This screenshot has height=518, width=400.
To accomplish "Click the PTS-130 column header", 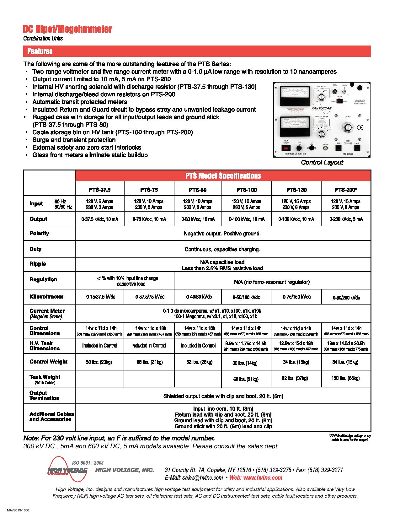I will pyautogui.click(x=296, y=190).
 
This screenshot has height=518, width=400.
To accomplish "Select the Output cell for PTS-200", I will pyautogui.click(x=346, y=219).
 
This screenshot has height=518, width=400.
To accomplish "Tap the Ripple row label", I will pyautogui.click(x=38, y=264).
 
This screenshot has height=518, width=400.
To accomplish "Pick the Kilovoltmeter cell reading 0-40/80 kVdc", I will pyautogui.click(x=198, y=297).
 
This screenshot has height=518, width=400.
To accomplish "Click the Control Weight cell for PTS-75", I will pyautogui.click(x=149, y=362).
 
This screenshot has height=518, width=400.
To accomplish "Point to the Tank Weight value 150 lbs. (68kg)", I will pyautogui.click(x=345, y=378).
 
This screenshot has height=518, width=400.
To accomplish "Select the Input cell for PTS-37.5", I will pyautogui.click(x=99, y=204).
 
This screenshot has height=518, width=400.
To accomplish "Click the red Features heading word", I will pyautogui.click(x=40, y=51).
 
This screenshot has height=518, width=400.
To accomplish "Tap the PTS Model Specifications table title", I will pyautogui.click(x=223, y=175).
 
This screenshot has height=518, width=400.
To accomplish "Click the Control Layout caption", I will pyautogui.click(x=322, y=162).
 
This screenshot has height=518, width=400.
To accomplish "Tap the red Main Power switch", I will pyautogui.click(x=286, y=147).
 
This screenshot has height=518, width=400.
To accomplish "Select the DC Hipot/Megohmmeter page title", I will pyautogui.click(x=67, y=30).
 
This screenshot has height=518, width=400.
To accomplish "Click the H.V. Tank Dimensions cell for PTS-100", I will pyautogui.click(x=246, y=346).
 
